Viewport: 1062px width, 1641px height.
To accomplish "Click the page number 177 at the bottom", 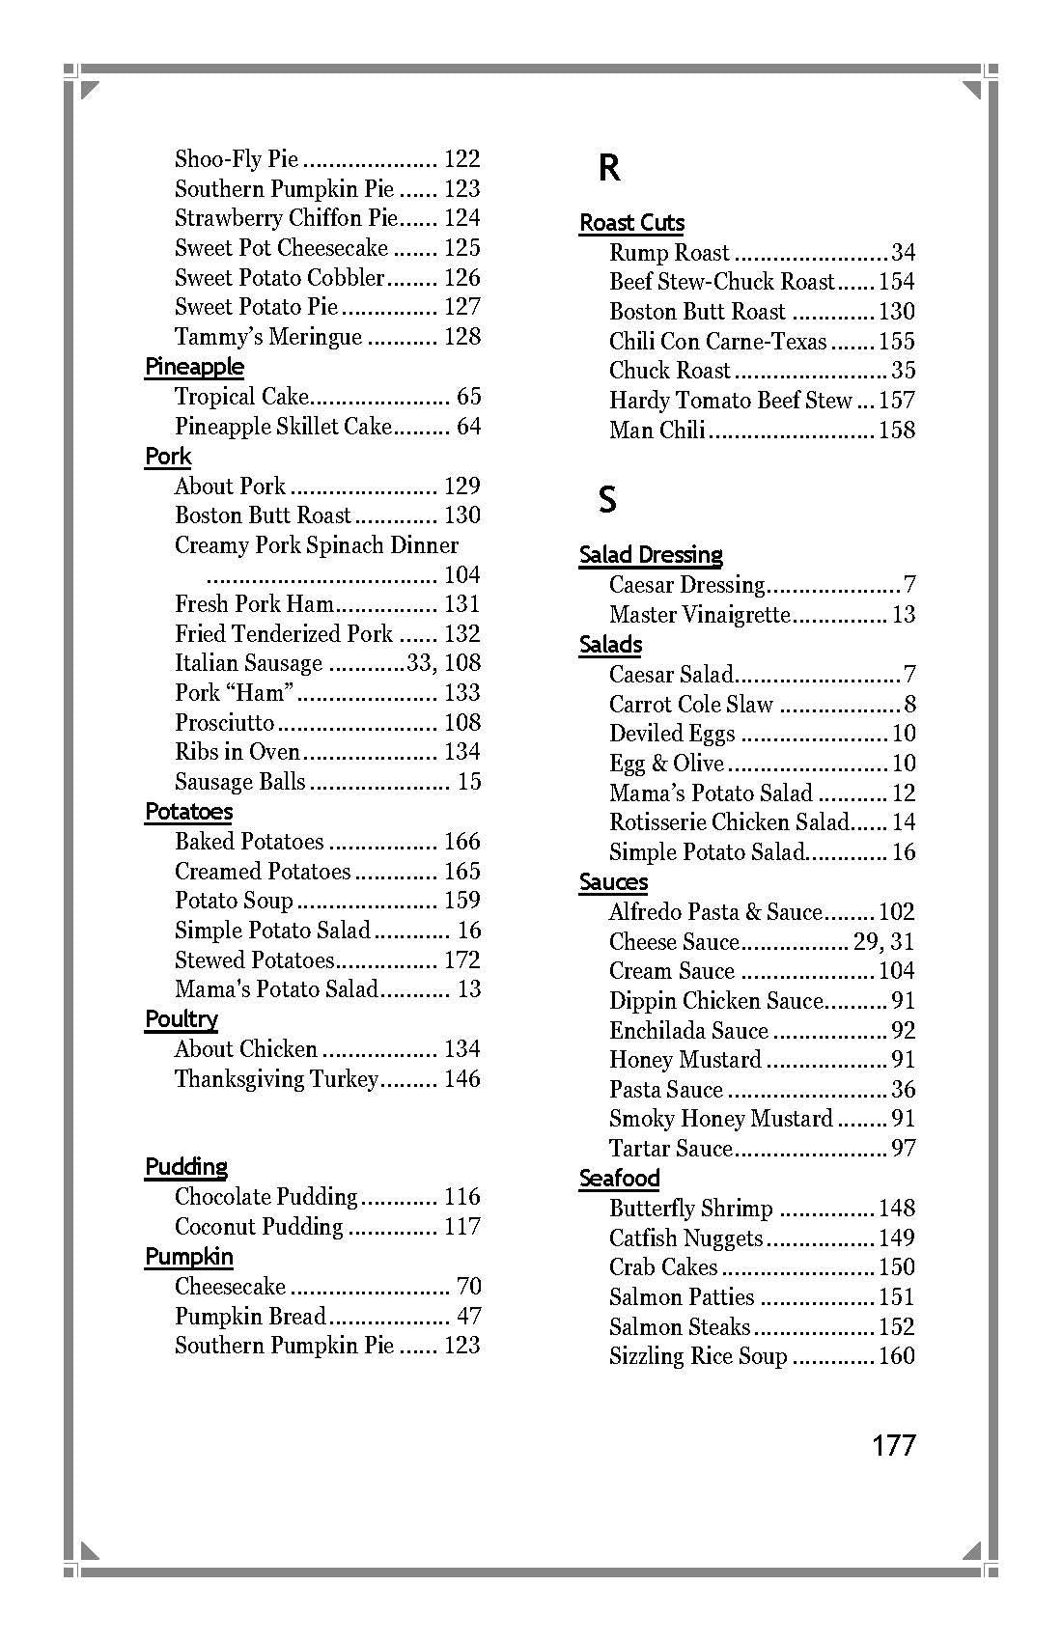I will click(x=893, y=1445).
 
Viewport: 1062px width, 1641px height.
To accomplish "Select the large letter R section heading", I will click(x=608, y=168).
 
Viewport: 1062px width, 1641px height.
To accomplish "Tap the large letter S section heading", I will click(x=607, y=500).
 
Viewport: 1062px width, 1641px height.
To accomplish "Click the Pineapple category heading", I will click(x=194, y=367).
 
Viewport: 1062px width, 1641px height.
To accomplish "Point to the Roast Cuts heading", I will click(x=631, y=223).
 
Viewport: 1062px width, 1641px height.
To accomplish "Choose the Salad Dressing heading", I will click(x=651, y=555).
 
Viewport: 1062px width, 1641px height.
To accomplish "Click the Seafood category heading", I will click(x=619, y=1179).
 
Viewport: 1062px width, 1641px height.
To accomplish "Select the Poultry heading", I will click(x=182, y=1019).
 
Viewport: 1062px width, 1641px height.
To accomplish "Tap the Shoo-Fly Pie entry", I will click(x=237, y=159).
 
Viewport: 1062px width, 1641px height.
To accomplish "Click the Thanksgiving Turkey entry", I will click(x=276, y=1079).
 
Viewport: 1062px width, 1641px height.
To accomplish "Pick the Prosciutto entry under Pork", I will click(x=225, y=723).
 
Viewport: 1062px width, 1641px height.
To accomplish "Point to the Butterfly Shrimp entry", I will click(x=690, y=1209).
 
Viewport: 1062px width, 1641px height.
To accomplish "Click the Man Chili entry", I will click(x=657, y=430).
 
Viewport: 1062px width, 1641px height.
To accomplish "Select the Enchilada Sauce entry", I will click(x=688, y=1031).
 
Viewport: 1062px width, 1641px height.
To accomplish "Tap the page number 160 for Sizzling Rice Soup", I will click(x=896, y=1356).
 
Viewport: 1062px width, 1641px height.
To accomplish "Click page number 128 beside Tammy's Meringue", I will click(x=461, y=337).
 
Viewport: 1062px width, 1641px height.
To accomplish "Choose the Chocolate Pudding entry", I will click(x=265, y=1197).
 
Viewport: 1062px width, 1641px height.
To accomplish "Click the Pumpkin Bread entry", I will click(x=250, y=1317).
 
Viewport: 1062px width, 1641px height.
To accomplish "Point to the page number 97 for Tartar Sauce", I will click(x=903, y=1149).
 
